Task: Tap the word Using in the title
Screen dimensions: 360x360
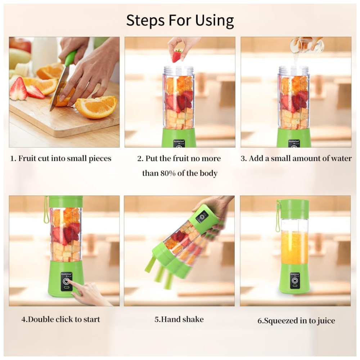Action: coord(215,21)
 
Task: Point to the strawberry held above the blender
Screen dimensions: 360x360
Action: coord(177,56)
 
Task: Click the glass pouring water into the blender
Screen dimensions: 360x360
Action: coord(306,45)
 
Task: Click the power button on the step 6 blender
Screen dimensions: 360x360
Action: coord(295,281)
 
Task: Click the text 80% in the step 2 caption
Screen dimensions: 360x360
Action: coord(168,173)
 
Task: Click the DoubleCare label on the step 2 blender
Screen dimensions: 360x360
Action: coord(179,141)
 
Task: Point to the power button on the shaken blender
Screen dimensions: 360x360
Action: coord(202,216)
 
